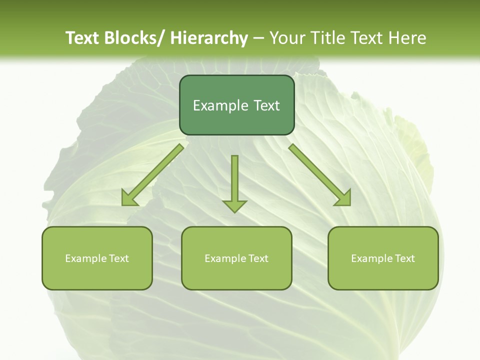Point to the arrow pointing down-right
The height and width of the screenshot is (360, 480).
tap(320, 175)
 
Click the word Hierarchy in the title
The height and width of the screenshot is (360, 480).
tap(209, 38)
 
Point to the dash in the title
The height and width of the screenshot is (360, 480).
tap(258, 38)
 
